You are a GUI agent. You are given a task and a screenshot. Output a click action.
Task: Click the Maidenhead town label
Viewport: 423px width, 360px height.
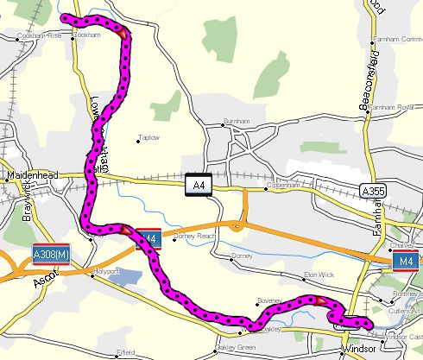point(31,175)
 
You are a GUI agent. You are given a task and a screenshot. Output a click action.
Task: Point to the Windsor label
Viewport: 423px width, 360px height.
point(357,351)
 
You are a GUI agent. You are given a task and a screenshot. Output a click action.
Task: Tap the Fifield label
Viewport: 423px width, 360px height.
point(127,352)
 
